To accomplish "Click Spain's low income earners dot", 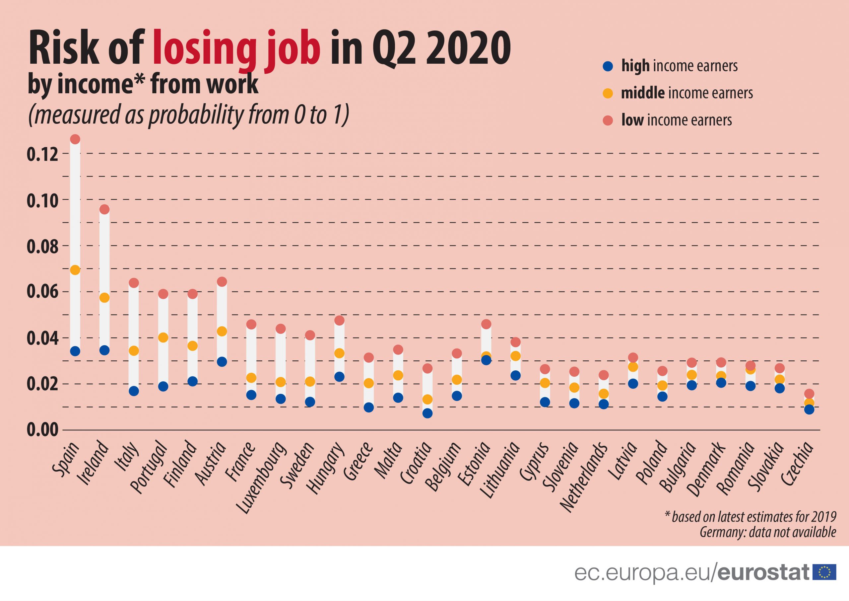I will point(75,139).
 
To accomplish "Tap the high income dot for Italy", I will point(134,391).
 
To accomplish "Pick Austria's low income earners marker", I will point(222,282).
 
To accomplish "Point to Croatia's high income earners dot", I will point(427,413).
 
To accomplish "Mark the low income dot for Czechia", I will point(809,393).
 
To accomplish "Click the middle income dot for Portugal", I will point(163,338).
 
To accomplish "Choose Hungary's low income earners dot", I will point(340,320).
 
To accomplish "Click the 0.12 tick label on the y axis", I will point(42,154).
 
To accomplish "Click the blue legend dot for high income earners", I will point(608,66).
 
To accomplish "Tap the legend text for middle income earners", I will point(687,93).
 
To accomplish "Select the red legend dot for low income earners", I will point(608,120).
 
